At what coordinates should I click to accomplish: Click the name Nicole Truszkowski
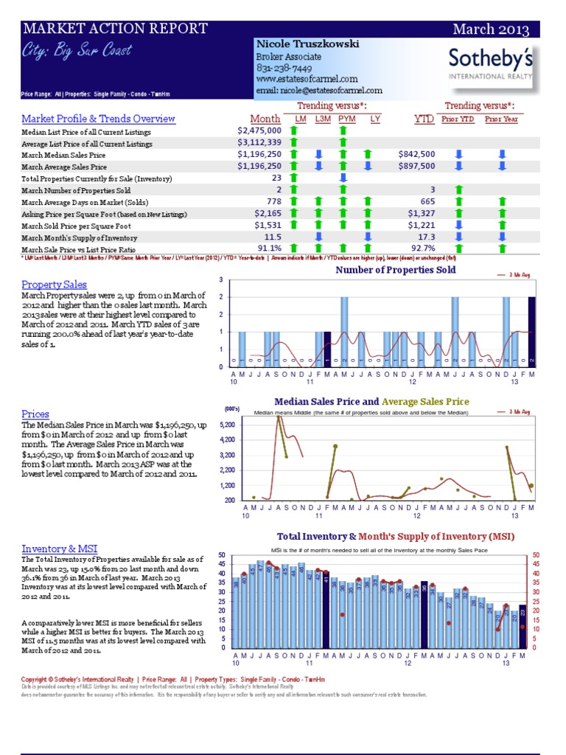pyautogui.click(x=307, y=44)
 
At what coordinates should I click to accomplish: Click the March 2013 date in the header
pyautogui.click(x=491, y=29)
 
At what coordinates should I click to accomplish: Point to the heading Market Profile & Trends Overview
pyautogui.click(x=98, y=119)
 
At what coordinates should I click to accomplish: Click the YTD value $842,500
pyautogui.click(x=416, y=154)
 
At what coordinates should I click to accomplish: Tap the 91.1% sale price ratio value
pyautogui.click(x=269, y=249)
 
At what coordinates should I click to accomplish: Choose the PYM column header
pyautogui.click(x=346, y=119)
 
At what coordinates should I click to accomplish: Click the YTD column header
pyautogui.click(x=424, y=119)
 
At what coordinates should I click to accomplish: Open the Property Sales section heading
pyautogui.click(x=53, y=284)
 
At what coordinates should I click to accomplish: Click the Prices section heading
pyautogui.click(x=35, y=414)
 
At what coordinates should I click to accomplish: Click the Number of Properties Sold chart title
pyautogui.click(x=395, y=271)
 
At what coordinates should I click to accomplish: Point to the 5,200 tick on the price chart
pyautogui.click(x=227, y=425)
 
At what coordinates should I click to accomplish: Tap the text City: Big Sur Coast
pyautogui.click(x=77, y=50)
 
